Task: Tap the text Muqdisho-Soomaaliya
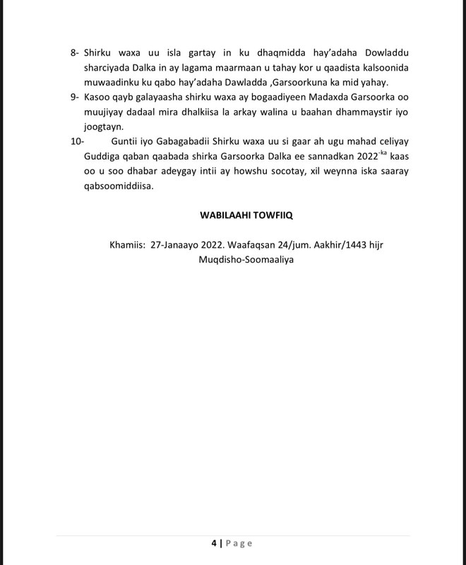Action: click(x=246, y=259)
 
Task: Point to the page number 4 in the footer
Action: click(x=213, y=543)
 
